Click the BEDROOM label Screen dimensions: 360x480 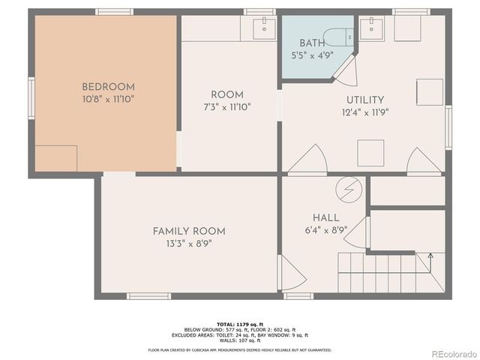click(109, 86)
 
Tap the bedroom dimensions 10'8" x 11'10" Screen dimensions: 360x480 click(109, 98)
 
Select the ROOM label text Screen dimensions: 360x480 click(226, 94)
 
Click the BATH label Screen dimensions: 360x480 click(313, 43)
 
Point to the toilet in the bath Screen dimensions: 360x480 click(346, 34)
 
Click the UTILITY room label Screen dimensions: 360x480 click(365, 100)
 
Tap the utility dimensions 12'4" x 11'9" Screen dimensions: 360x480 click(365, 112)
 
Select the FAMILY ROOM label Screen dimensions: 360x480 click(189, 231)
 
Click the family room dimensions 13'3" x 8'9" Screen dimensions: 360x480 click(189, 244)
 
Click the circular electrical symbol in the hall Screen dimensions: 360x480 click(346, 188)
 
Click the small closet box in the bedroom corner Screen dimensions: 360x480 click(56, 158)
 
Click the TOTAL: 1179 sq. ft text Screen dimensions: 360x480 click(239, 322)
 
